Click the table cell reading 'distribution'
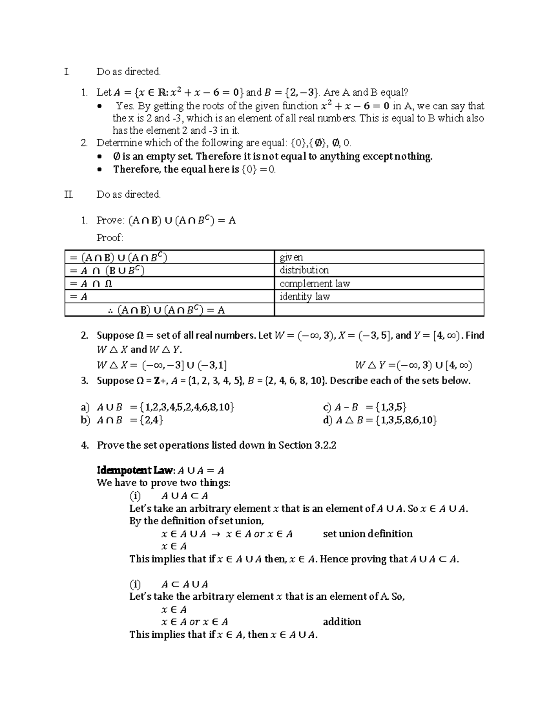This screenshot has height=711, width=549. (x=304, y=270)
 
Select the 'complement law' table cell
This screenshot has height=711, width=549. (x=315, y=283)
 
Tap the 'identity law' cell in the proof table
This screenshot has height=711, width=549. (x=305, y=297)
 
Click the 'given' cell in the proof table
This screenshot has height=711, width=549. (x=291, y=257)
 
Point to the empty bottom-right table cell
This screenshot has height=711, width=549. (x=379, y=310)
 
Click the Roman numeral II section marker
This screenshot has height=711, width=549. (x=69, y=195)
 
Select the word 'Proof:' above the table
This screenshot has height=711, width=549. (x=110, y=238)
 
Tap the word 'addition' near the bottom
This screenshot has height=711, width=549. (x=342, y=622)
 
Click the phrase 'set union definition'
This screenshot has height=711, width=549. (x=368, y=534)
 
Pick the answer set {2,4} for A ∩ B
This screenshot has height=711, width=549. (x=152, y=420)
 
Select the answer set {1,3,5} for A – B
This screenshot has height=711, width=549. (x=390, y=407)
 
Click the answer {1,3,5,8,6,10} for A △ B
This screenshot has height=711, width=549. (x=406, y=420)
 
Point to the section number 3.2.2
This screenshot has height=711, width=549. (x=325, y=445)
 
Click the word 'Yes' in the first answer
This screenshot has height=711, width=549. (x=124, y=106)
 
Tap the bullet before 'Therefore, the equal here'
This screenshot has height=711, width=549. (x=101, y=170)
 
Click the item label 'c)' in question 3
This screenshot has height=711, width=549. (x=327, y=407)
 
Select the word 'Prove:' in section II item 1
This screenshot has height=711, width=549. (x=110, y=220)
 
